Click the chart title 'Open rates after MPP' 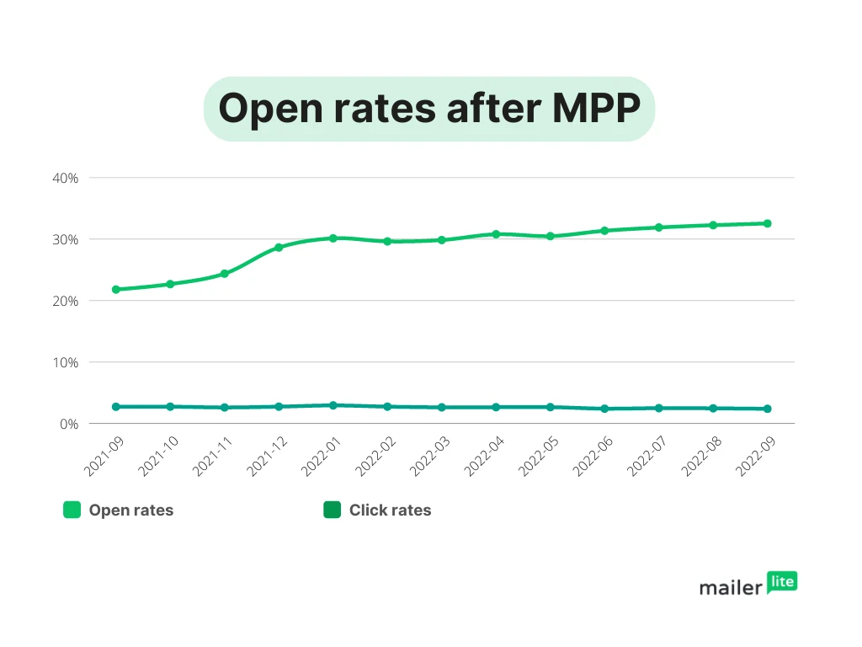click(x=429, y=109)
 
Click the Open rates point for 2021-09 click(x=116, y=289)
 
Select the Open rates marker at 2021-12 click(x=279, y=247)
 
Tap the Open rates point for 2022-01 click(x=333, y=238)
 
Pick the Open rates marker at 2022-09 click(x=768, y=223)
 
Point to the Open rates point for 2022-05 click(x=551, y=236)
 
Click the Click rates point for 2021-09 click(x=116, y=406)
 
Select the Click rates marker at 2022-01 click(x=333, y=405)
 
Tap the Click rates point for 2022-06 click(x=604, y=409)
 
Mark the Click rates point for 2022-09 click(x=768, y=409)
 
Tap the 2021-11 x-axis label click(x=210, y=456)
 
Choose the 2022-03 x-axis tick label click(x=427, y=456)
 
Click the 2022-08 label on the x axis click(x=699, y=456)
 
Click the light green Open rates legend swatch click(x=72, y=510)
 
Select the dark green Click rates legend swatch click(x=333, y=510)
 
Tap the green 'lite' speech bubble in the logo click(x=782, y=581)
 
